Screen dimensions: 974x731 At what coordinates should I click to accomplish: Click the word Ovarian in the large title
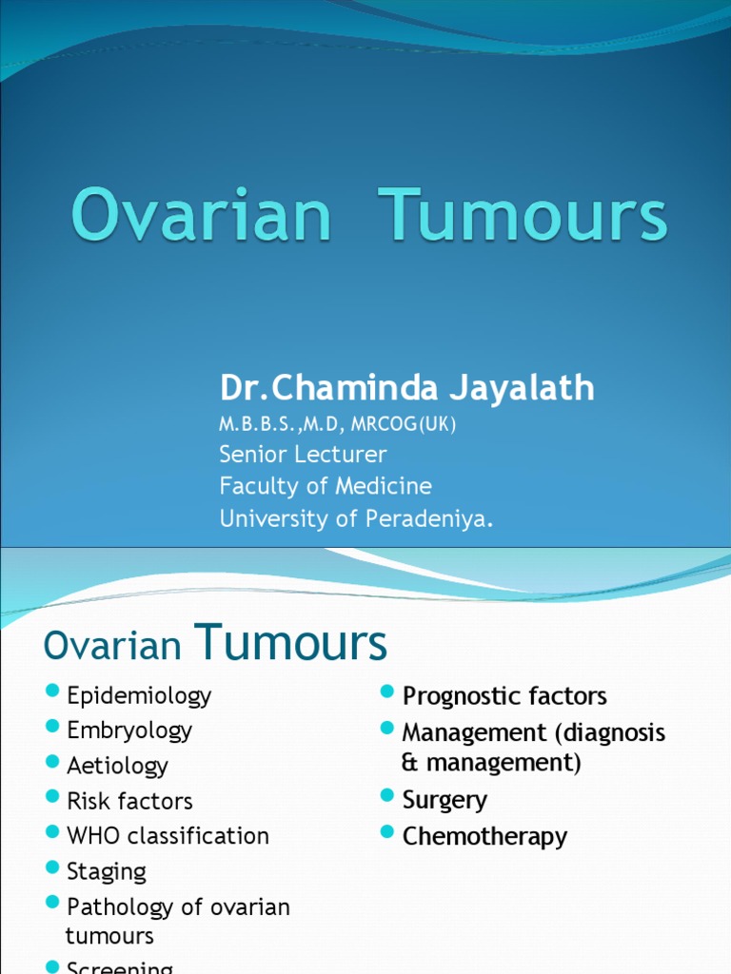[201, 218]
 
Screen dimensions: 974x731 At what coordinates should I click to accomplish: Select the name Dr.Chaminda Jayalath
[407, 387]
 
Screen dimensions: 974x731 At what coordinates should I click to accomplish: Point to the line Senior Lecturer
[303, 454]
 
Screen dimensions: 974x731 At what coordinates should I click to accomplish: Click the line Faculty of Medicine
[326, 486]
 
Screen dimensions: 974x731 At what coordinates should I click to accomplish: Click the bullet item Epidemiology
[139, 695]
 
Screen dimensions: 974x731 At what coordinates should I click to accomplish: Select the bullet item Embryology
[129, 730]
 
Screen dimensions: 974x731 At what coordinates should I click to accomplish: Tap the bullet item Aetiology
[117, 766]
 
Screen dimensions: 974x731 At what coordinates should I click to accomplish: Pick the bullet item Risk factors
[129, 801]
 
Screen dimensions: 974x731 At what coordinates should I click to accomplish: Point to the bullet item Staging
[107, 871]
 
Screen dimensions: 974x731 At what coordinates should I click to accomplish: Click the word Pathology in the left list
[120, 906]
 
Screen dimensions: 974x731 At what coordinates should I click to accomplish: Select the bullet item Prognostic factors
[504, 696]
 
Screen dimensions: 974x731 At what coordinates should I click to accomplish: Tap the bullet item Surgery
[445, 800]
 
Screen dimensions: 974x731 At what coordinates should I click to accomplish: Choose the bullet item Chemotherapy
[484, 836]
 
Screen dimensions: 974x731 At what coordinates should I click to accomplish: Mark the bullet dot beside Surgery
[387, 795]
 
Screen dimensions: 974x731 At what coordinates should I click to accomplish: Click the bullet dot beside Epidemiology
[52, 691]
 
